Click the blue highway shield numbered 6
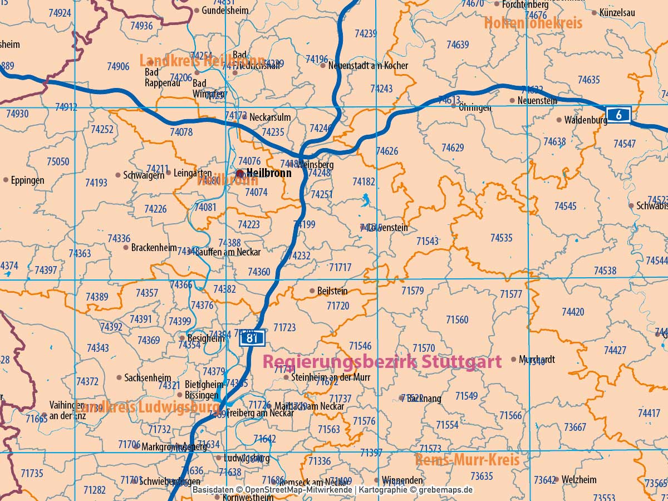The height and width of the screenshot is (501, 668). (x=618, y=115)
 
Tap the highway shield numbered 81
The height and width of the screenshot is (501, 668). (x=252, y=338)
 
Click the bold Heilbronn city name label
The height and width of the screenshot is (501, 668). (x=268, y=173)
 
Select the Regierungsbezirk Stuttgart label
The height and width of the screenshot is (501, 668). (x=381, y=362)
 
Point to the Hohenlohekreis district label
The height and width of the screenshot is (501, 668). (x=533, y=23)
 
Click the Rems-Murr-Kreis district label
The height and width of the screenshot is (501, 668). (x=466, y=460)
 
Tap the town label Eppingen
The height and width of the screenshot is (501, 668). (x=27, y=180)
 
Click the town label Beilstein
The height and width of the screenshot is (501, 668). (x=332, y=291)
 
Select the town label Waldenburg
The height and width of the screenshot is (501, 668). (x=585, y=120)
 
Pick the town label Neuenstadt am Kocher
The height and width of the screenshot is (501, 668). (x=368, y=66)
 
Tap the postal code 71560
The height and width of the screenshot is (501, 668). (x=457, y=320)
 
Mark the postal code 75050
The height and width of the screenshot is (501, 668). (x=58, y=162)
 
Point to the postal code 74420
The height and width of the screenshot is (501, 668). (x=573, y=312)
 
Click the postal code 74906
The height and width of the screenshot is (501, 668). (x=117, y=67)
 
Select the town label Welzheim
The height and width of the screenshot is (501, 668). (x=579, y=479)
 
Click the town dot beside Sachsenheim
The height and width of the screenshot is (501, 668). (x=119, y=377)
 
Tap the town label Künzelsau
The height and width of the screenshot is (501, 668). (x=617, y=12)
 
